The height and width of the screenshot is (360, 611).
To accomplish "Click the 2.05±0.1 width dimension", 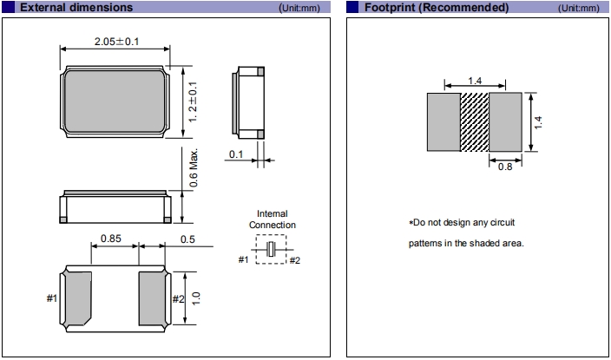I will click(x=115, y=42).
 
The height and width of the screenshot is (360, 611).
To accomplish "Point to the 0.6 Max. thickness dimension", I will click(x=194, y=167).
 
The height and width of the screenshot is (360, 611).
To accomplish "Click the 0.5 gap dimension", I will click(x=187, y=239).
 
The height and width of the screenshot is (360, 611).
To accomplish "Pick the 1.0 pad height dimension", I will click(x=196, y=298).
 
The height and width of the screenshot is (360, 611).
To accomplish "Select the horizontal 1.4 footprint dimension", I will click(x=475, y=81).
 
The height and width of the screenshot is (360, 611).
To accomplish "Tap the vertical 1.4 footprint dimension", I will click(x=538, y=121).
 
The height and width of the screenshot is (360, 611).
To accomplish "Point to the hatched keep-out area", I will click(x=474, y=121).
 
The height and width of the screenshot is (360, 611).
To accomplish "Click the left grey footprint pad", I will click(x=443, y=121).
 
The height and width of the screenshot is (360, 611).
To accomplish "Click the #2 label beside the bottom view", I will click(x=178, y=298).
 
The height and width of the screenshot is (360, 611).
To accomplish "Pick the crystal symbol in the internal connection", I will click(x=272, y=250).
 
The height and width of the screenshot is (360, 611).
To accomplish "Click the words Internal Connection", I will click(x=272, y=219).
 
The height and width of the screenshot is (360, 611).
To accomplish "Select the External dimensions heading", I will click(x=76, y=8).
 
